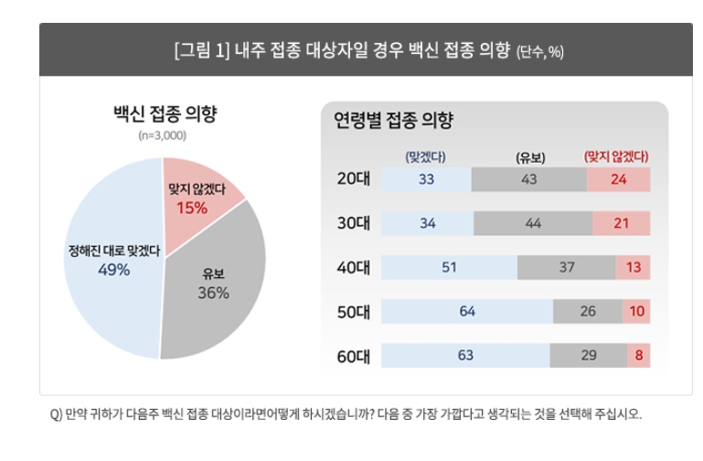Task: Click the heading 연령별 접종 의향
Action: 393,120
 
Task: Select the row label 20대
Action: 353,179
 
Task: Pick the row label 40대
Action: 353,267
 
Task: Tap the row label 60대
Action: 353,355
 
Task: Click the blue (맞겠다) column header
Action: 425,156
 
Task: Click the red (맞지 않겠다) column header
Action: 616,156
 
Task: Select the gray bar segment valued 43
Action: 528,179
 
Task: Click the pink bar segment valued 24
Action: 618,179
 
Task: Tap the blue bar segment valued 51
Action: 449,267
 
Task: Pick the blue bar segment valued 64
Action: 467,311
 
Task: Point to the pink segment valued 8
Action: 638,355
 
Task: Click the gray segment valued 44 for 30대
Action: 532,223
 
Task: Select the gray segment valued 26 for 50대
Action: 588,311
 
